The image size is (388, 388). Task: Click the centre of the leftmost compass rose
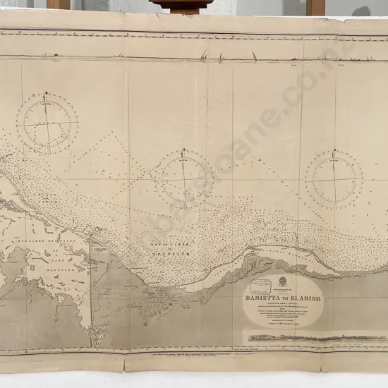pyautogui.click(x=47, y=123)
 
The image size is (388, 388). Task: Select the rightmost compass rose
pyautogui.click(x=334, y=178)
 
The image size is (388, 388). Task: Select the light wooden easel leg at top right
pyautogui.click(x=315, y=6)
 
